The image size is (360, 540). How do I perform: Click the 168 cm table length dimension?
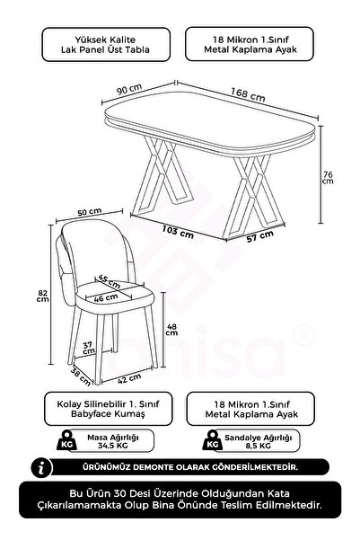click(x=248, y=94)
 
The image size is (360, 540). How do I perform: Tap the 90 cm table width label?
click(x=129, y=89)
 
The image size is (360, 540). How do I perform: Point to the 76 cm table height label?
click(x=328, y=178)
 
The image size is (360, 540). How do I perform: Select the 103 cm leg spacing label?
click(x=178, y=232)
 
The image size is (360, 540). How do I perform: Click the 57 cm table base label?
click(x=260, y=236)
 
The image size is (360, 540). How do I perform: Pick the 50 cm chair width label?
click(x=90, y=212)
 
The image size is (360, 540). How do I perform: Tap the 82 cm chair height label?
click(x=43, y=296)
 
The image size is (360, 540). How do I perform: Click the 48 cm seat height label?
click(x=171, y=329)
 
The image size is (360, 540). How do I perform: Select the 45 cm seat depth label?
click(x=110, y=281)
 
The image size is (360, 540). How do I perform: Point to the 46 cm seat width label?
click(x=106, y=297)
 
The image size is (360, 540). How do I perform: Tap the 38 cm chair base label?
click(x=81, y=376)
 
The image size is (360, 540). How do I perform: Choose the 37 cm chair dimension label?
click(x=89, y=348)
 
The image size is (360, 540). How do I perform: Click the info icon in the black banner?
click(x=41, y=468)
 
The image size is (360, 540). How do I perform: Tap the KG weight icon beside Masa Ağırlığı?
click(x=66, y=440)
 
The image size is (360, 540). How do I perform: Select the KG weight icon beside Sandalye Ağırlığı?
click(x=213, y=440)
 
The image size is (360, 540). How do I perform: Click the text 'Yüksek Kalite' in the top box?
click(x=105, y=40)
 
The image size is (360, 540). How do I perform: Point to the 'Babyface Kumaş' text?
click(x=108, y=413)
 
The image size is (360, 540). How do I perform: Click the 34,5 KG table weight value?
click(x=112, y=446)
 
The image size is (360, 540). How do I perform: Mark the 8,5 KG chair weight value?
click(x=259, y=446)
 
